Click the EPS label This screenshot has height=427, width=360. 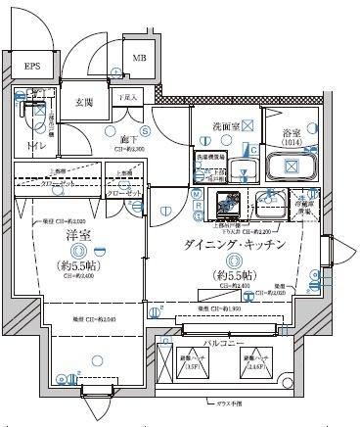pyautogui.click(x=33, y=67)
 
